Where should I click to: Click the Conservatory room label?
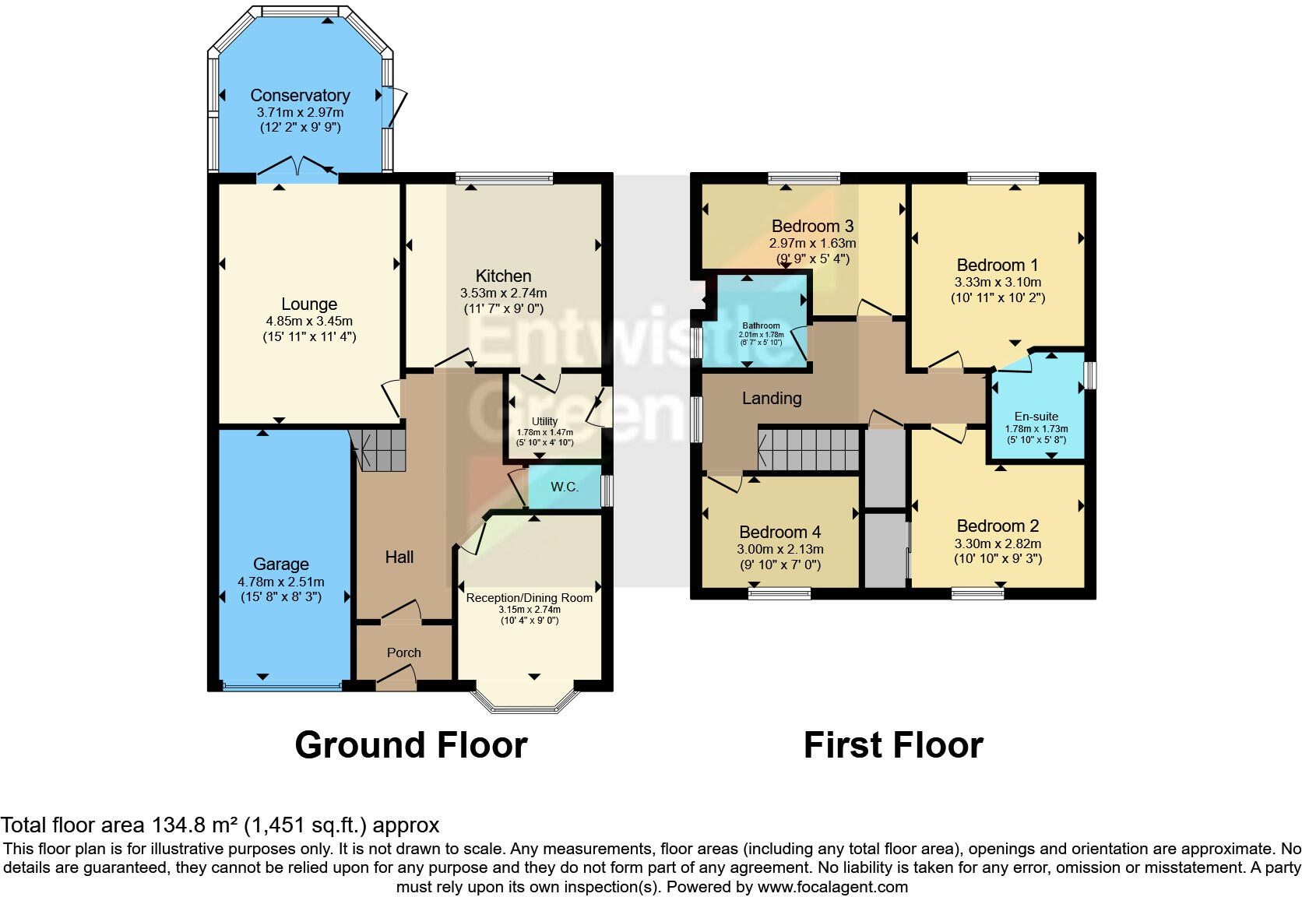click(300, 95)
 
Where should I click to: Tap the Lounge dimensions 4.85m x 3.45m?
click(309, 321)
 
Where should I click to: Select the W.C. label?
click(565, 487)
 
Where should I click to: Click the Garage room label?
click(281, 564)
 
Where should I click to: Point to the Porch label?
click(403, 653)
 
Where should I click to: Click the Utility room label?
click(544, 421)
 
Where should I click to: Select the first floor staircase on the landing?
click(809, 449)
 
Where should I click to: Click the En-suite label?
click(1036, 417)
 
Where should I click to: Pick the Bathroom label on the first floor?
click(761, 326)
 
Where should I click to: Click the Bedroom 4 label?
click(779, 532)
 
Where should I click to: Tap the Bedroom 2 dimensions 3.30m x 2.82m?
click(998, 544)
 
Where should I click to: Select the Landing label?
click(771, 399)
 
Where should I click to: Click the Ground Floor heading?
click(411, 745)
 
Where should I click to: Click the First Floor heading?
click(893, 745)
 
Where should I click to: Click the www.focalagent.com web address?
click(832, 887)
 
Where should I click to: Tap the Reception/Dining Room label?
click(529, 598)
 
